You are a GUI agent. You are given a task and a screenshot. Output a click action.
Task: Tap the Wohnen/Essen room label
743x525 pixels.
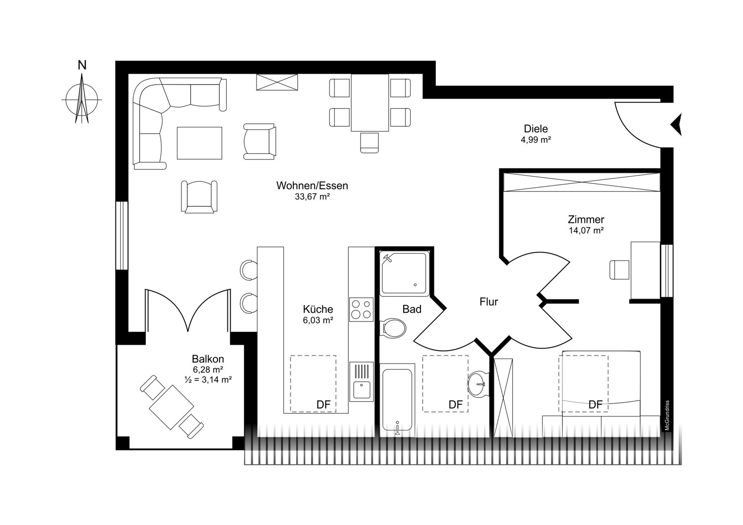[312, 186]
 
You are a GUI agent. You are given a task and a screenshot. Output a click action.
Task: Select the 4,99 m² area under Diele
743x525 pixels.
[535, 140]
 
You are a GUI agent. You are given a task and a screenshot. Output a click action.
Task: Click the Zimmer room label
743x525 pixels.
[586, 219]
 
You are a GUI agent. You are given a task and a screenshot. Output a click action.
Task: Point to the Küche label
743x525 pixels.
[318, 309]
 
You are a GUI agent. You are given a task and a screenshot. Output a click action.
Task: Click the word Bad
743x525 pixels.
[412, 309]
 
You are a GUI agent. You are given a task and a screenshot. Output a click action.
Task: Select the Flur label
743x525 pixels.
[488, 302]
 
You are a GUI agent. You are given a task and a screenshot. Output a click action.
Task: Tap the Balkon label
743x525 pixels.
[208, 359]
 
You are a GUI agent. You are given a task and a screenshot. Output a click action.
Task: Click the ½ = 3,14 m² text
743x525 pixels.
[208, 380]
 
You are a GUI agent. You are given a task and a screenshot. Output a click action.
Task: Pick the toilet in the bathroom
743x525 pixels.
[393, 328]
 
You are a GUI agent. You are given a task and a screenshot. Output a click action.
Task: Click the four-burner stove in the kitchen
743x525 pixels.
[361, 310]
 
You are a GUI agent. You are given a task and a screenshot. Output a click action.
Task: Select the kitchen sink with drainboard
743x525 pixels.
[361, 381]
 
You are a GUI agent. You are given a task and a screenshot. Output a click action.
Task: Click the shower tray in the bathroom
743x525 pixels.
[403, 274]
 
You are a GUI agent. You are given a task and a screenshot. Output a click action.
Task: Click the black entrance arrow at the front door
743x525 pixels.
[677, 124]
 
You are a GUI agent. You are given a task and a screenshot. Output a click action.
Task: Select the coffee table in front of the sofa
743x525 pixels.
[200, 143]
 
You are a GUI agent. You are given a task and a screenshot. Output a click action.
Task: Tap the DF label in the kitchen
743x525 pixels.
[323, 405]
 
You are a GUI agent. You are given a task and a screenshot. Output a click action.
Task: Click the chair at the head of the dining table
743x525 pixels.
[370, 143]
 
